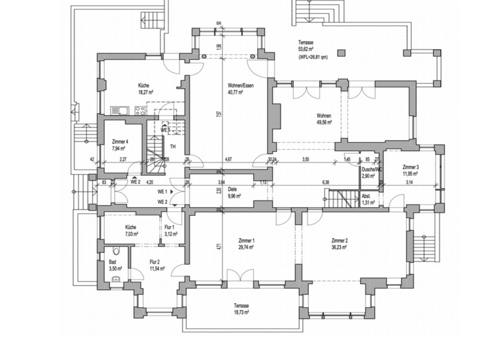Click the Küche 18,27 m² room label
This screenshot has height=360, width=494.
coord(143,89)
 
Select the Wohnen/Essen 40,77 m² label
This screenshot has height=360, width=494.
coord(239,89)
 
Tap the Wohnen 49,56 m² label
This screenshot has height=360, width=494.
coord(323,119)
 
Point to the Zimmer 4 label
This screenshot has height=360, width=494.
coord(120,145)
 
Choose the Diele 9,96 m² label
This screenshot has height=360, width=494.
coord(233,193)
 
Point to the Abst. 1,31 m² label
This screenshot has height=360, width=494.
coord(366,199)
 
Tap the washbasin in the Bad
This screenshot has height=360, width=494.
coord(116,279)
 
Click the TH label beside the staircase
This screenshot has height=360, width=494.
coord(173,146)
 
